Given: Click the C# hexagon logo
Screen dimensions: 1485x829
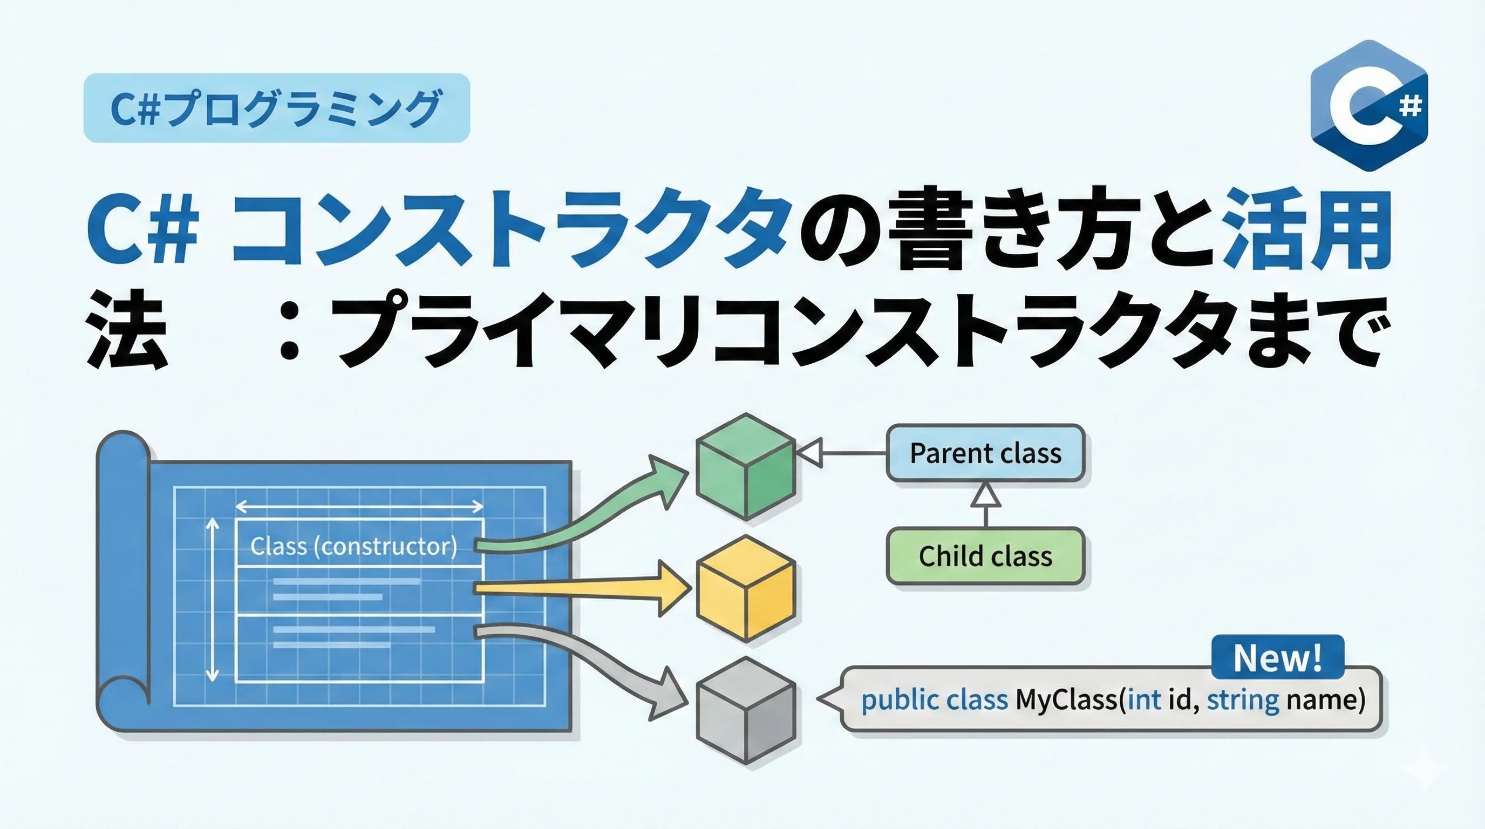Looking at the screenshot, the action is point(1369,105).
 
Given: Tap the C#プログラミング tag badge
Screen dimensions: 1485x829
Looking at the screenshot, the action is point(277,108).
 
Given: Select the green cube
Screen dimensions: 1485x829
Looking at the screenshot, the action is point(746,467).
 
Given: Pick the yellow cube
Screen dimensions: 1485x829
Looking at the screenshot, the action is point(746,589).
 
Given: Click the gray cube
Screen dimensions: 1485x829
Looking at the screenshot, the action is point(746,711).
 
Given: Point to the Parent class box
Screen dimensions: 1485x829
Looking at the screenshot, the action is point(985,453).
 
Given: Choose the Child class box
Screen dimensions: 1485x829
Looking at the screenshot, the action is point(985,556).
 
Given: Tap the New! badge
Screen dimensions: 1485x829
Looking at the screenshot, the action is point(1278,657).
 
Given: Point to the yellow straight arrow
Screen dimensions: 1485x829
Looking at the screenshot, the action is point(582,589).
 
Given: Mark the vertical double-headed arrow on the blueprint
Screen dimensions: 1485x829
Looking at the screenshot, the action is point(213,600).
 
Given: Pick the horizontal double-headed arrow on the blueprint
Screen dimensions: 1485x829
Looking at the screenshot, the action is point(359,507).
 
